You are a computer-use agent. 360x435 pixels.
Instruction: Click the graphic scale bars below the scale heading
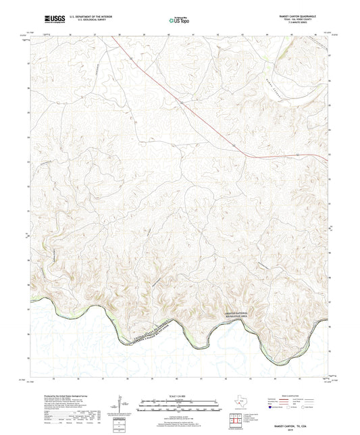pyautogui.click(x=180, y=405)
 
